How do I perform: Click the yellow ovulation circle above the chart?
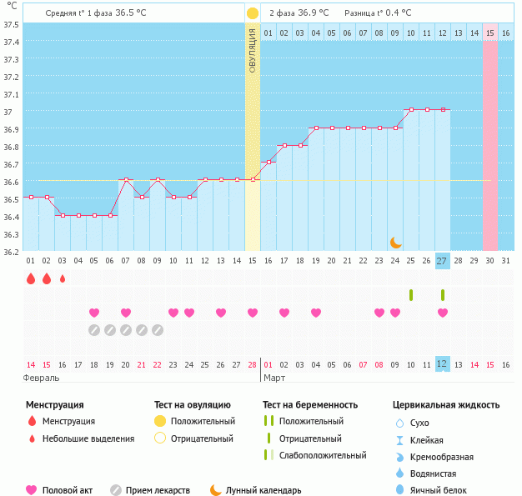pyautogui.click(x=252, y=13)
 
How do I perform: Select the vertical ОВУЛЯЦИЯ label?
pyautogui.click(x=252, y=50)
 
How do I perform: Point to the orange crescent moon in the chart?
pyautogui.click(x=395, y=242)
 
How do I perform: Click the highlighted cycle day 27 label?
pyautogui.click(x=442, y=261)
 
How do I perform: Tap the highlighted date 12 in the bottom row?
pyautogui.click(x=442, y=364)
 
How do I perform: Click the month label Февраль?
pyautogui.click(x=41, y=378)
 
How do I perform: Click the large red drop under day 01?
pyautogui.click(x=31, y=278)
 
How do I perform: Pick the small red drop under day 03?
pyautogui.click(x=63, y=278)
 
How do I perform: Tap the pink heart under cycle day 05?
pyautogui.click(x=94, y=313)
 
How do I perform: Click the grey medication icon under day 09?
pyautogui.click(x=157, y=330)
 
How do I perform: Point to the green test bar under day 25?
pyautogui.click(x=411, y=294)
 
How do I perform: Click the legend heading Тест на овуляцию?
pyautogui.click(x=193, y=405)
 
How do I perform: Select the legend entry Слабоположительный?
pyautogui.click(x=324, y=455)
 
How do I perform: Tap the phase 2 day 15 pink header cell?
pyautogui.click(x=490, y=33)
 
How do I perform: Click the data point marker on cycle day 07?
pyautogui.click(x=126, y=179)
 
